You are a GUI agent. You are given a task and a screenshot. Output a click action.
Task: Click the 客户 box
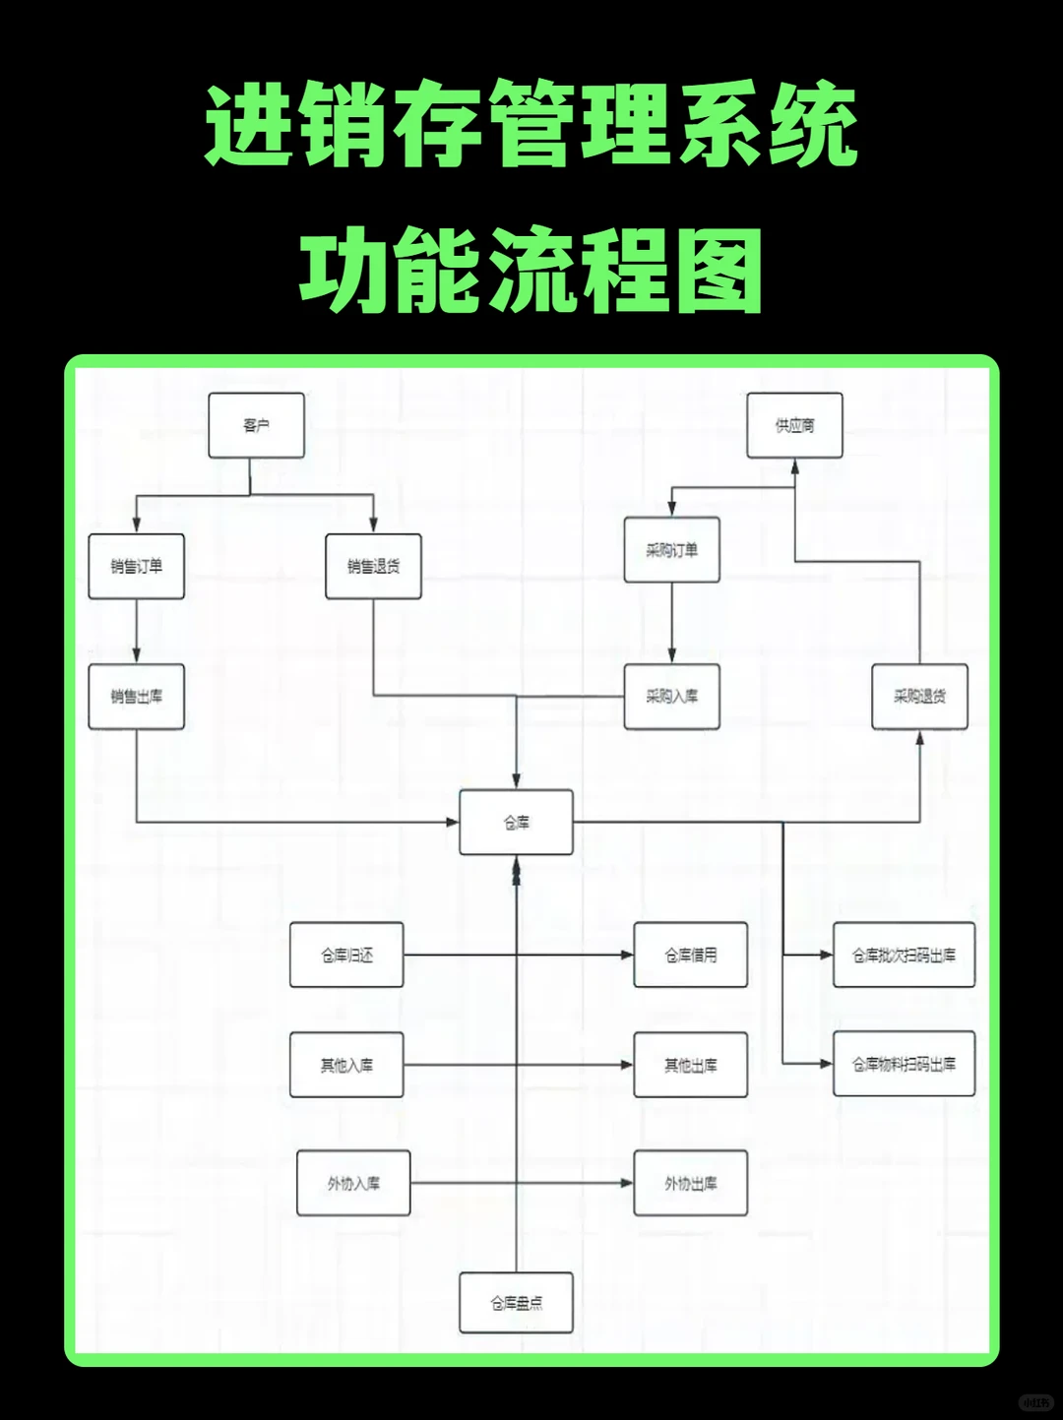[x=256, y=425]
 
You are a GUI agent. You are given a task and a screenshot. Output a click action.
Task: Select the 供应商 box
[x=794, y=425]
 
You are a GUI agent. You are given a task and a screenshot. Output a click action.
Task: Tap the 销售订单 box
[x=136, y=566]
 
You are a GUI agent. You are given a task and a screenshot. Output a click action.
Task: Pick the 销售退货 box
[x=373, y=566]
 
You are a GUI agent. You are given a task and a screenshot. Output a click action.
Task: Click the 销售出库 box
[x=136, y=696]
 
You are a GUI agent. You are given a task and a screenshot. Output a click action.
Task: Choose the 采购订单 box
[x=671, y=550]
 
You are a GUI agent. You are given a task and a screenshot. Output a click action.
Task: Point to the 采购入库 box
[x=671, y=696]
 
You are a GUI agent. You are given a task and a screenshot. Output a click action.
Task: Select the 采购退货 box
[x=919, y=696]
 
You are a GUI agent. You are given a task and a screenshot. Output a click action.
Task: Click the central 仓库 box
[x=516, y=822]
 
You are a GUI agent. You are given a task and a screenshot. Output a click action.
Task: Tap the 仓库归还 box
[x=346, y=955]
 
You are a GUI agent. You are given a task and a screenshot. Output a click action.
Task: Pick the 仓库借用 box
[x=690, y=955]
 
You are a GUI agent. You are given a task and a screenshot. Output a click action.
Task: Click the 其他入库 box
[x=346, y=1065]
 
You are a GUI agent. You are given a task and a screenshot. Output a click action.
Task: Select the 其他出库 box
[x=690, y=1065]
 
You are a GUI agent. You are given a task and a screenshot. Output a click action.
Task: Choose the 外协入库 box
[x=353, y=1183]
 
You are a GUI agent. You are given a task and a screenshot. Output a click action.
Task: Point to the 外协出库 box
[x=690, y=1183]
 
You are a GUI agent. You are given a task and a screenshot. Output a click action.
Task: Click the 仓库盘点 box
[x=516, y=1303]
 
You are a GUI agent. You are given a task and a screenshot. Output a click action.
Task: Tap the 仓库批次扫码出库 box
[x=904, y=955]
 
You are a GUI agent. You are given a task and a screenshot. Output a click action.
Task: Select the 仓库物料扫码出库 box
[x=904, y=1064]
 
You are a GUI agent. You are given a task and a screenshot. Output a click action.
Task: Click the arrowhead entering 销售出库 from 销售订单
[x=136, y=655]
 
